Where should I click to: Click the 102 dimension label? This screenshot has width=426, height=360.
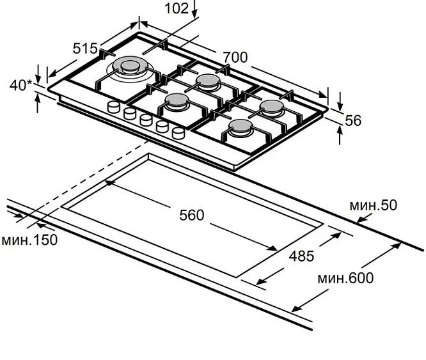(177, 8)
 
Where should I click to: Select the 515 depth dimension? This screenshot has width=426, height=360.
(85, 49)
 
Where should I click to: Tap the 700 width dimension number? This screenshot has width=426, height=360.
(235, 58)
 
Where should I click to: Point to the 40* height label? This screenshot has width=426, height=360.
(21, 85)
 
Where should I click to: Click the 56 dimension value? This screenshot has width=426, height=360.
(353, 121)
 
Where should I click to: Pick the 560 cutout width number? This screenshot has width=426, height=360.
(191, 215)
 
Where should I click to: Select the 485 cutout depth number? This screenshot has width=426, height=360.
(301, 256)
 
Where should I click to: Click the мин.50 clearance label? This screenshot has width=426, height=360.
(373, 205)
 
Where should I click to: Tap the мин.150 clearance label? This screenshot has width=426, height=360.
(29, 240)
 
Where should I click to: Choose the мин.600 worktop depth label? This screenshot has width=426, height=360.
(345, 278)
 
